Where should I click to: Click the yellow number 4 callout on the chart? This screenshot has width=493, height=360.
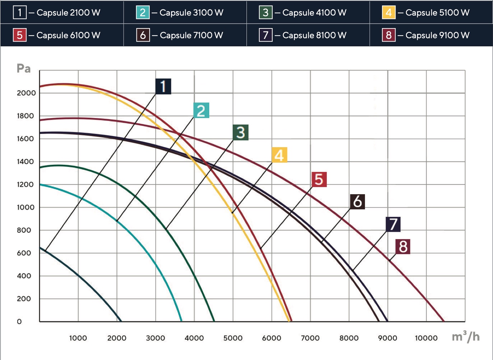tap(279, 155)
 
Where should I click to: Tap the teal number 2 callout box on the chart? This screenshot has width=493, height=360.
tap(201, 110)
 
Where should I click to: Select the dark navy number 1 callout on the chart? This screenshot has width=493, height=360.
tap(163, 86)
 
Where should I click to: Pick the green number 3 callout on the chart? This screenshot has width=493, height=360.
tap(240, 132)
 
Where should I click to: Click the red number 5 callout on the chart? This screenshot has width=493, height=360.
tap(319, 179)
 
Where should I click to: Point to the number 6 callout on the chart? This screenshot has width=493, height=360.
tap(358, 202)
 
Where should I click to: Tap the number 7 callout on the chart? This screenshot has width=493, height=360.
tap(393, 224)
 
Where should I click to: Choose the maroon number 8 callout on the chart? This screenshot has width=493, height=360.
tap(403, 247)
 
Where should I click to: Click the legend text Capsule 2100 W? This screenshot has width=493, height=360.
tap(68, 13)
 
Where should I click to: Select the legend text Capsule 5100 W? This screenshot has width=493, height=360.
tap(437, 13)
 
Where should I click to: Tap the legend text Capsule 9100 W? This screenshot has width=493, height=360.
tap(437, 35)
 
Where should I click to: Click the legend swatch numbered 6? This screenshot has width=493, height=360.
tap(143, 35)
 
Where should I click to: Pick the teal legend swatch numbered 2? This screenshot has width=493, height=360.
tap(143, 12)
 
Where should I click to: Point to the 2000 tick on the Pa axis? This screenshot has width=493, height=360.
tap(26, 93)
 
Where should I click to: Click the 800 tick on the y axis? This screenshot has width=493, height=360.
tap(24, 230)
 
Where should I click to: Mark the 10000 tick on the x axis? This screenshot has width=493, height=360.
tap(426, 338)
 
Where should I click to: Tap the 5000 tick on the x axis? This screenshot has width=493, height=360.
tap(233, 338)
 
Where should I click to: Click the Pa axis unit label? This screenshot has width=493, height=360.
tap(24, 68)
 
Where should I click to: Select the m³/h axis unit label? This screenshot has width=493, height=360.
tap(466, 336)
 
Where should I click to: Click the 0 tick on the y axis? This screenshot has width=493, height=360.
tap(19, 322)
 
